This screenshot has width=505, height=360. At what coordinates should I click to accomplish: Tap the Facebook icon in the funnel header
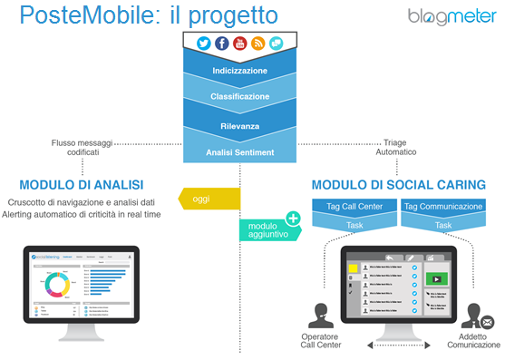[221, 43]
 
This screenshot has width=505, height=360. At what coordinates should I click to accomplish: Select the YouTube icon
[239, 43]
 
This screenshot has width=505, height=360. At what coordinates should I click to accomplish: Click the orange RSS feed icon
[257, 43]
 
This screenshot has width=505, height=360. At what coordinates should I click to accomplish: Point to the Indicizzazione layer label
[239, 69]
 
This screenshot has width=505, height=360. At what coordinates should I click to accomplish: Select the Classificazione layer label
[239, 96]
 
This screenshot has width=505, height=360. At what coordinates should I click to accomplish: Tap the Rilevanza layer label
[239, 125]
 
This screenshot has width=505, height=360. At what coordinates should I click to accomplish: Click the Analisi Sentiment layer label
[239, 152]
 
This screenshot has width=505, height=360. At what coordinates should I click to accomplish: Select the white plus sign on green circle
[293, 218]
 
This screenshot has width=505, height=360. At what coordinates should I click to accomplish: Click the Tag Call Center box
[352, 207]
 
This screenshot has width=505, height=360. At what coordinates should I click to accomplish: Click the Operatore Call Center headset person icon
[320, 313]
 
